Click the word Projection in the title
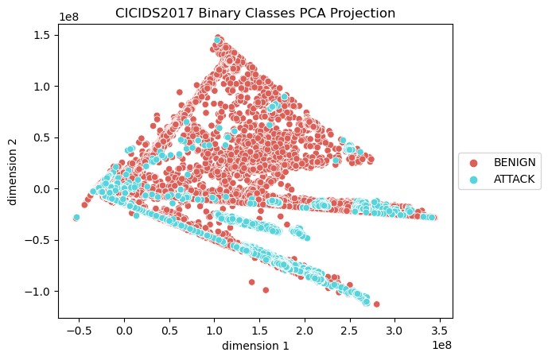click(x=358, y=13)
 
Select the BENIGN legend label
click(x=515, y=162)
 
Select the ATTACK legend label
click(x=515, y=180)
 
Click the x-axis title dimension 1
click(x=255, y=346)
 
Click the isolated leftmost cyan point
click(x=76, y=217)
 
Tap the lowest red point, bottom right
click(x=376, y=304)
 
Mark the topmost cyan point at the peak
click(x=217, y=39)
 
